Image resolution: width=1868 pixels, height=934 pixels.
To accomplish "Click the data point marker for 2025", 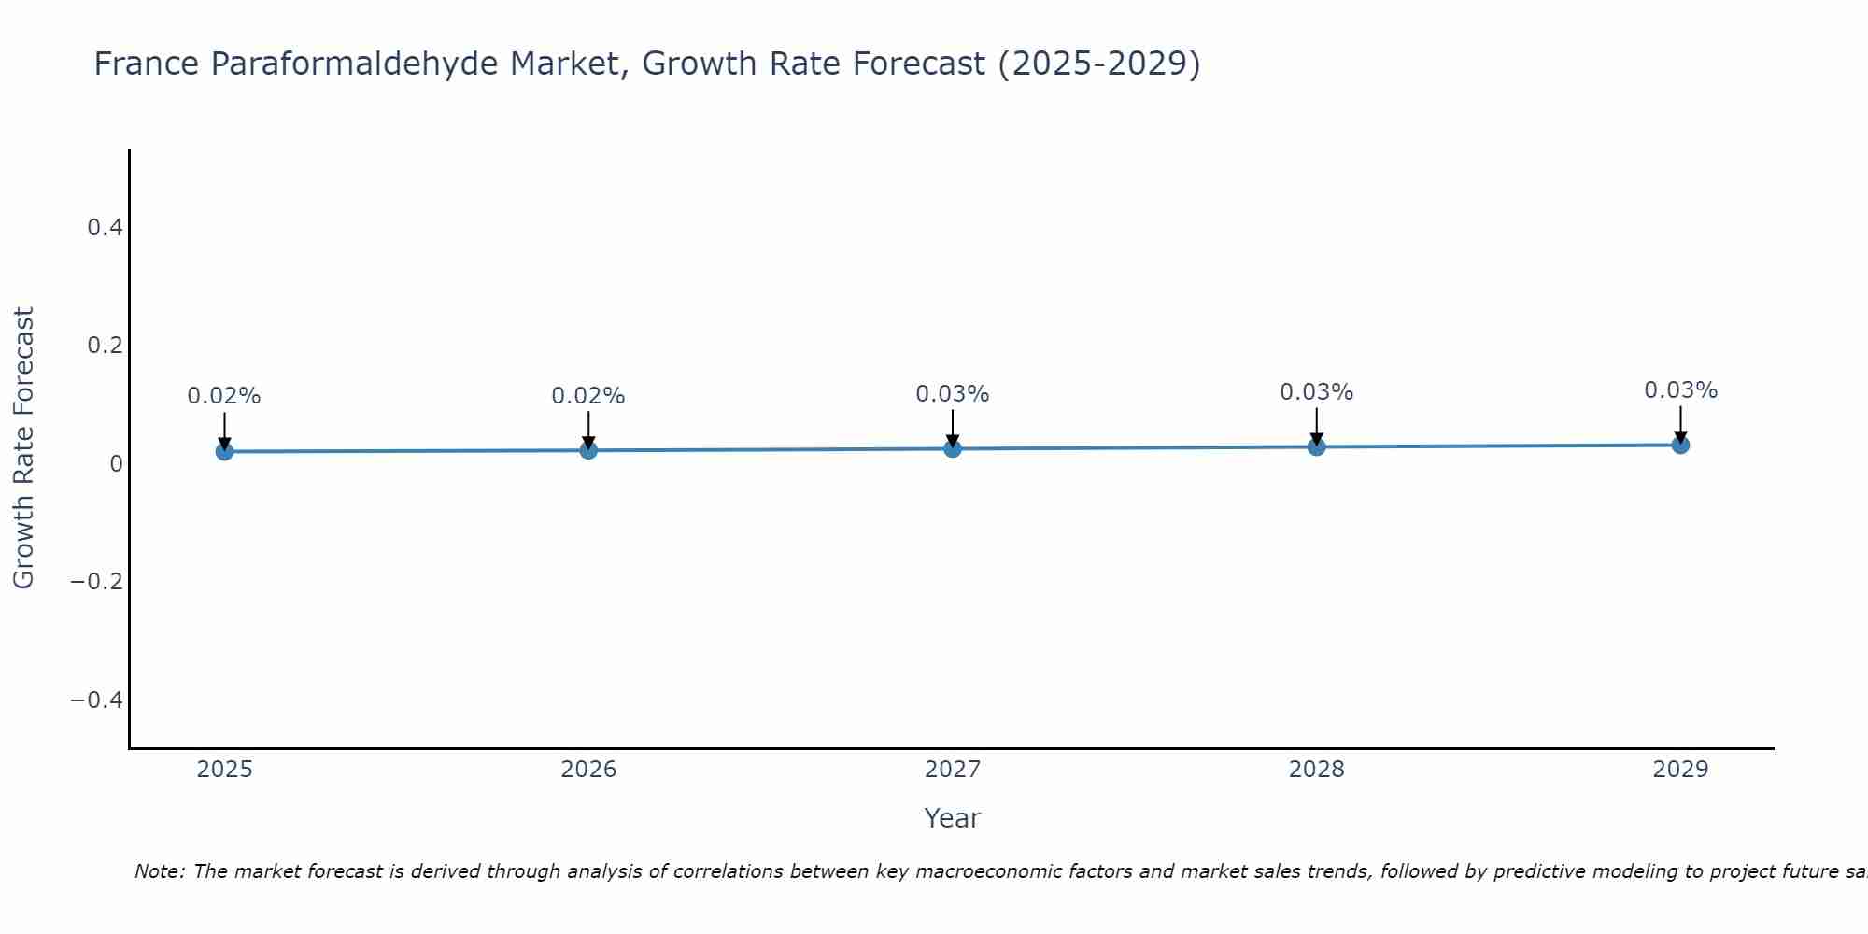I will coord(224,451).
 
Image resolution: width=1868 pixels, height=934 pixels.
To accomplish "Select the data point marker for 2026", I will coord(588,450).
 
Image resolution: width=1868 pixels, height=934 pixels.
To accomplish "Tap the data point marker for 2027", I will coord(953,448).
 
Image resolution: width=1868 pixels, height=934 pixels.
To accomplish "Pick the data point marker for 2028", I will coord(1316,446).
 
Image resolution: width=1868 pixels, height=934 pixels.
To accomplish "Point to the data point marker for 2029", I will coord(1680,445).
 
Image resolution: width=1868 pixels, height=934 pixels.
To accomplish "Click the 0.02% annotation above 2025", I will coord(224,396).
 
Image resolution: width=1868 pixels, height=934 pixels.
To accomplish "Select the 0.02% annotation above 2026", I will coord(588,396).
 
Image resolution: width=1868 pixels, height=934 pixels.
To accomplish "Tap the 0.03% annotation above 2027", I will coord(953,394).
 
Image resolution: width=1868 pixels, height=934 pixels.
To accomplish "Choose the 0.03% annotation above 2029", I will coord(1680,390).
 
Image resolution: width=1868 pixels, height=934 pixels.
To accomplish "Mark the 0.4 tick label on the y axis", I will coord(105,227).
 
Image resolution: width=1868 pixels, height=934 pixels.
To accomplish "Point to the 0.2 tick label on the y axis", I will coord(105,346).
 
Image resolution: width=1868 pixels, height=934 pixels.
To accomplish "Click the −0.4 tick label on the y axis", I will coord(96,700).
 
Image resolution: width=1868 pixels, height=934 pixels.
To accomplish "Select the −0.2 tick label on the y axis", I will coord(96,582).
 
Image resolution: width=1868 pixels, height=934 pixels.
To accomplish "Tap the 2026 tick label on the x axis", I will coord(588,770).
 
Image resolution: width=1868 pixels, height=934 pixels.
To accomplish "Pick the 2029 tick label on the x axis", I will coord(1680,770).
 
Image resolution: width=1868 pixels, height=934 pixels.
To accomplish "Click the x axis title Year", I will coord(952,818).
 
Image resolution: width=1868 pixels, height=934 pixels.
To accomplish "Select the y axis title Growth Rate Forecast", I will coord(23,447).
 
